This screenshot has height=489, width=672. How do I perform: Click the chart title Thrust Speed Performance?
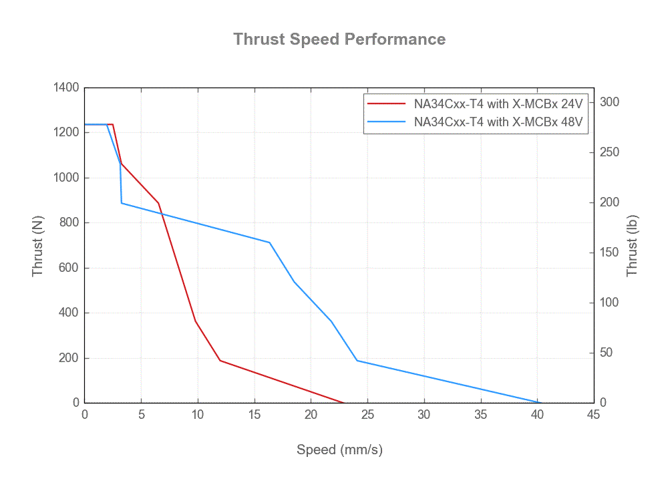(339, 39)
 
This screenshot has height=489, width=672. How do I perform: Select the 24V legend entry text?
(498, 104)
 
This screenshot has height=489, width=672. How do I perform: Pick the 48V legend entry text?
(498, 122)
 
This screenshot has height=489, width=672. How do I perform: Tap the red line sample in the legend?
(387, 104)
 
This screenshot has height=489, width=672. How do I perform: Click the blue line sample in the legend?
(387, 122)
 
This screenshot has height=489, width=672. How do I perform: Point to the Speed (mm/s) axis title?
(339, 450)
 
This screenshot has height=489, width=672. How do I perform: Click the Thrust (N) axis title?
(38, 246)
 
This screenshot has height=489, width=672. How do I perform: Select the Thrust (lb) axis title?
(633, 246)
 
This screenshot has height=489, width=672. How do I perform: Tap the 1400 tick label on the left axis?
(65, 88)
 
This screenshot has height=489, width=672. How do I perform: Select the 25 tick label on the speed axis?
(367, 415)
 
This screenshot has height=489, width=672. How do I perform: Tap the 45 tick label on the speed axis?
(594, 415)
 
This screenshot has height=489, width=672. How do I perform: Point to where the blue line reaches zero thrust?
(537, 402)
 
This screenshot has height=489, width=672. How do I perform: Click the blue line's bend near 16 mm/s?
(270, 242)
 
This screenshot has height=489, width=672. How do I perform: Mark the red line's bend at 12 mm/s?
(220, 361)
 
